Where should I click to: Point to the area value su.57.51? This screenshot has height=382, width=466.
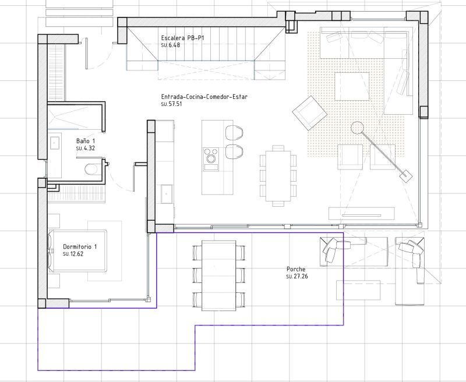[172, 104]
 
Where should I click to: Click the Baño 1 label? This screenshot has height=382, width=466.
[86, 142]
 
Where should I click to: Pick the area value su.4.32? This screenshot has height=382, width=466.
[86, 149]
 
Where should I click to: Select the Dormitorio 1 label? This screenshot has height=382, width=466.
[80, 247]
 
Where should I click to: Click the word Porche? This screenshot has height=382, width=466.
[295, 269]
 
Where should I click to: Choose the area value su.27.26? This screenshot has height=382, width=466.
[297, 276]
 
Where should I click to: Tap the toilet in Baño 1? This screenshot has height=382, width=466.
[91, 169]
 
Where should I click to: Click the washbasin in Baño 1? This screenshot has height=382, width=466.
[55, 142]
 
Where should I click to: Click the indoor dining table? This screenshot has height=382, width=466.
[277, 175]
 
